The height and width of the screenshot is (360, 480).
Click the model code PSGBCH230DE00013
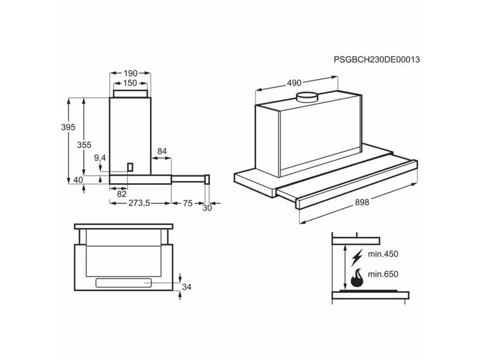pos(376,59)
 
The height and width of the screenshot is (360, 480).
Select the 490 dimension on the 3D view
pos(293,83)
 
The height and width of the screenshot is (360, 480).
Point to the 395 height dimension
pos(68,127)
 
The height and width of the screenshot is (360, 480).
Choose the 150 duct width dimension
pos(130,83)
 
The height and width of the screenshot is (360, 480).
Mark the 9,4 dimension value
pos(100,158)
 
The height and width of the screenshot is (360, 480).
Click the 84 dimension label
pos(162,151)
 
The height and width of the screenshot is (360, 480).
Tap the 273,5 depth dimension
pos(139,203)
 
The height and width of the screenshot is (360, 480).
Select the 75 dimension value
pos(187,203)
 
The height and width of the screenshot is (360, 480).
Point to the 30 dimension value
pos(208,208)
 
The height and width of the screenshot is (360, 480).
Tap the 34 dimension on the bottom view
pos(187,287)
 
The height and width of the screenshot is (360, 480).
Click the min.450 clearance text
pos(383,254)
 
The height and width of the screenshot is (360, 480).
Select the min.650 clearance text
pos(383,274)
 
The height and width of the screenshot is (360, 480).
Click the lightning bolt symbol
pos(356,257)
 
